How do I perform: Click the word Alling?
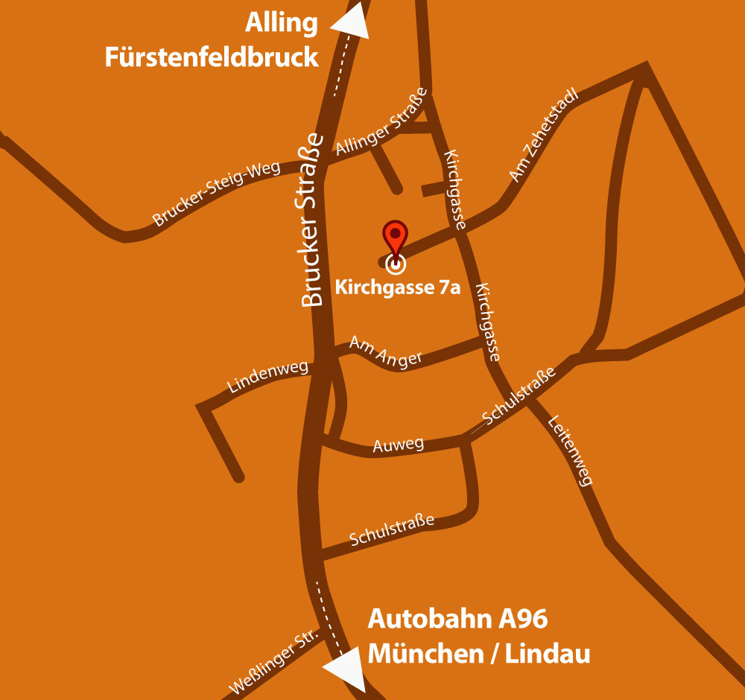[x=282, y=23]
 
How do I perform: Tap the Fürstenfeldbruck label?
[x=212, y=57]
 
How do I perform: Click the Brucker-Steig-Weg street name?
[x=216, y=194]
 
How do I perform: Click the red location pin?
[x=396, y=237]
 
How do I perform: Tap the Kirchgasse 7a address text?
[x=398, y=287]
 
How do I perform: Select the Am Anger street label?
[x=385, y=351]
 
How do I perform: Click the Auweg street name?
[x=398, y=446]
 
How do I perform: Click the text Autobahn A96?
[x=458, y=619]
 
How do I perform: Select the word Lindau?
[x=548, y=654]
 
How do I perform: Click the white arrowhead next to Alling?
[x=351, y=21]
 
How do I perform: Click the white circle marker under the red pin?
[x=396, y=263]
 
